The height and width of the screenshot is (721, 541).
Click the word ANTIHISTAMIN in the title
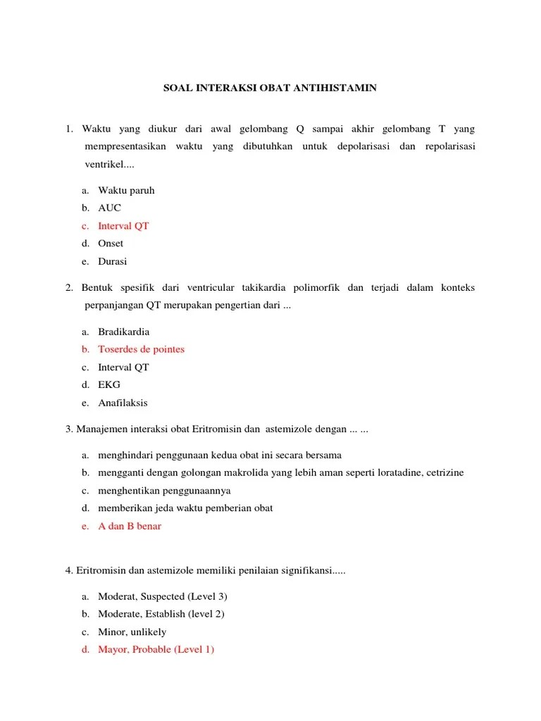[x=341, y=88]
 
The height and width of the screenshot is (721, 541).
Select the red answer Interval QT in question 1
[x=123, y=226]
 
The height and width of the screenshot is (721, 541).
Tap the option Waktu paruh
[x=126, y=190]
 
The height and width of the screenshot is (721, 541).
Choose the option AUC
[x=109, y=208]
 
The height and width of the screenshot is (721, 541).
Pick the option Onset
[x=111, y=244]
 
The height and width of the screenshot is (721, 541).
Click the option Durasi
[x=113, y=261]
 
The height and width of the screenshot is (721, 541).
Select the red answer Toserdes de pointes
[x=141, y=349]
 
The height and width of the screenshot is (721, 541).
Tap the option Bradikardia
[x=124, y=332]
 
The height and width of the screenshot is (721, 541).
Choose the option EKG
[x=109, y=384]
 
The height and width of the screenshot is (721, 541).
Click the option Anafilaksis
[x=123, y=403]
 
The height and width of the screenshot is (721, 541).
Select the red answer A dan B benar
[x=130, y=526]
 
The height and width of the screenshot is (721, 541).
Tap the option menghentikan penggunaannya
[x=164, y=491]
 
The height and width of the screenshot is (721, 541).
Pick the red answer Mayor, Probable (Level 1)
[x=156, y=649]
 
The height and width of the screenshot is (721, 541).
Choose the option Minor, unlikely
[x=132, y=632]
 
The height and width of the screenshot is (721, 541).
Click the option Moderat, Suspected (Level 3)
[x=163, y=596]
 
